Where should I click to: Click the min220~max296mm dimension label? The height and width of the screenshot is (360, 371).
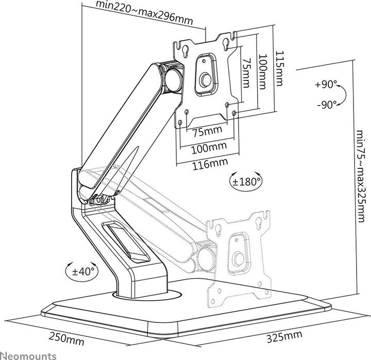click(x=144, y=13)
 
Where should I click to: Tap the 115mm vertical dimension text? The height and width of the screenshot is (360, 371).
click(x=279, y=68)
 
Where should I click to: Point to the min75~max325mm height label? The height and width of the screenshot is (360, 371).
click(x=361, y=176)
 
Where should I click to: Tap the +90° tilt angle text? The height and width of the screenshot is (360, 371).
click(x=326, y=84)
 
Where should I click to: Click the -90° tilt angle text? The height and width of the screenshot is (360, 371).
click(x=327, y=105)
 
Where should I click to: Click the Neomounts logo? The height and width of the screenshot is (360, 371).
click(x=28, y=355)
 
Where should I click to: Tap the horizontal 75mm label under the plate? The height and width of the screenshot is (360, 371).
click(x=208, y=131)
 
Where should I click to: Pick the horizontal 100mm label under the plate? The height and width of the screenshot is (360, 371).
click(x=209, y=148)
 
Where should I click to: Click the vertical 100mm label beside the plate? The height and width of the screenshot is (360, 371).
click(x=262, y=72)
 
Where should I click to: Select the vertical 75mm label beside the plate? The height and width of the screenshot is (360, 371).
click(x=246, y=73)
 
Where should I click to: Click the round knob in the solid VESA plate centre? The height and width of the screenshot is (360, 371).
click(x=205, y=80)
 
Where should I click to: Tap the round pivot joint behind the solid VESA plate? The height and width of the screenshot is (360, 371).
click(x=174, y=80)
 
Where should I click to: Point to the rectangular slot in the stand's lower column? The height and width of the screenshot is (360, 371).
click(x=125, y=242)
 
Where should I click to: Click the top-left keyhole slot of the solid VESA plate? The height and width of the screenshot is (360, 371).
click(x=184, y=51)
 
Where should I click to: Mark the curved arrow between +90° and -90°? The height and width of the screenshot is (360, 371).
click(x=345, y=95)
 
